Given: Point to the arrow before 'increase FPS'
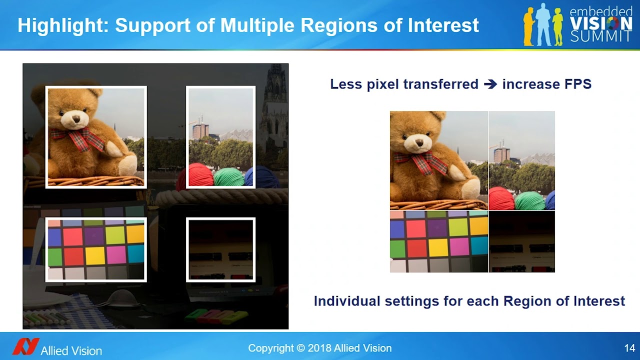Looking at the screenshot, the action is point(490,84).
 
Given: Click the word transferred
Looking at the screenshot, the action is point(441,84).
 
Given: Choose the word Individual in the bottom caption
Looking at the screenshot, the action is point(347,301).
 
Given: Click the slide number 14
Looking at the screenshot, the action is point(629,348).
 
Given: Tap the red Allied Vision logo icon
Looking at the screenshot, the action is point(25,346).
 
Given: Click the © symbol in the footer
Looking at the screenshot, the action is point(300,348).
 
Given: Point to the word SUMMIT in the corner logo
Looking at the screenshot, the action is point(601,36).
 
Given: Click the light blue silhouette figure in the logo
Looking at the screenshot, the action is point(543,24).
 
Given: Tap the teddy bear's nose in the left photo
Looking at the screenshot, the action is point(76,118).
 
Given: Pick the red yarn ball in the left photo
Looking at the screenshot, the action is point(201,174).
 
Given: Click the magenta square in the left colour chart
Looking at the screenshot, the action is point(116,254).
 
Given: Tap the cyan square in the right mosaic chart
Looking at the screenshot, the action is point(479,245).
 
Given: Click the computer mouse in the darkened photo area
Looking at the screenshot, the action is point(123,298).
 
